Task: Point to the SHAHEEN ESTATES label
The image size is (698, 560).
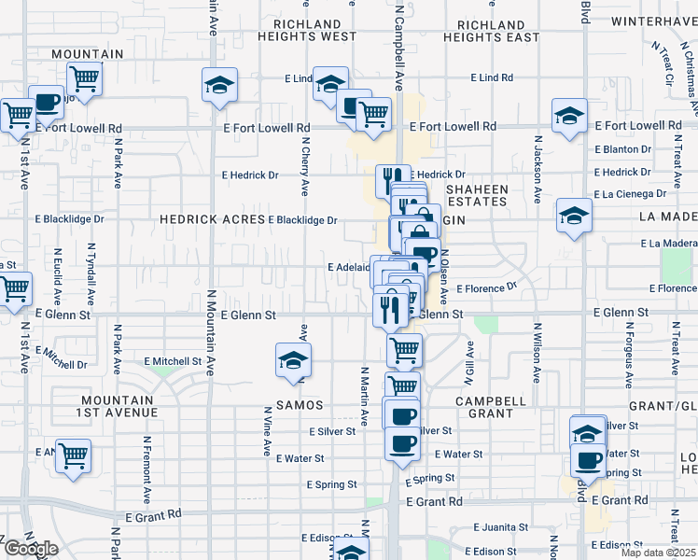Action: [476, 195]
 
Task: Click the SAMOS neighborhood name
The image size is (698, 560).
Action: [300, 405]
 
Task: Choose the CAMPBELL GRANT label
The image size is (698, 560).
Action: [483, 407]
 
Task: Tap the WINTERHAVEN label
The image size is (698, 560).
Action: [653, 21]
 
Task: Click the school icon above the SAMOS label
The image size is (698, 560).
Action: [293, 360]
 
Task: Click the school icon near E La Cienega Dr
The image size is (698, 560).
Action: [574, 216]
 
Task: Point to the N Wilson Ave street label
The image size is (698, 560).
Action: [537, 354]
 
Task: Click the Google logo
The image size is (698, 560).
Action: [31, 549]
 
